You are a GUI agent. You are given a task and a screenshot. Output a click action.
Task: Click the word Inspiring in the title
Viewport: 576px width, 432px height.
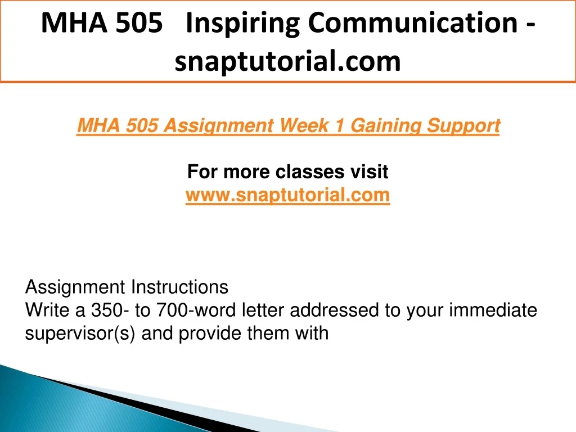pos(243,24)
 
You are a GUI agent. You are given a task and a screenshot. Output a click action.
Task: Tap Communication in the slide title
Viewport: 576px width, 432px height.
pos(413,22)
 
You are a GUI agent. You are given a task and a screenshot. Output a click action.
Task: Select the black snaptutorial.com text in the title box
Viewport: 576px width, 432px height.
pos(287,61)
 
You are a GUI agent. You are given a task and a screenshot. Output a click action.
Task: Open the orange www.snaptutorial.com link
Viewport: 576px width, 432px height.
pos(287,195)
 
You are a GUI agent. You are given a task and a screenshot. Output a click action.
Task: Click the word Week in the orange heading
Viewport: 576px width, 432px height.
pos(303,125)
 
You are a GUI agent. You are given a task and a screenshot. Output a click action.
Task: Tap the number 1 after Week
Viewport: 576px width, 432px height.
pos(339,125)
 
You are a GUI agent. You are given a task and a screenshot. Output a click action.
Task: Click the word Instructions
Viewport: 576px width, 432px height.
pos(179,287)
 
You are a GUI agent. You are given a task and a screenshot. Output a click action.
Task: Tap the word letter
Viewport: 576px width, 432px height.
pos(263,310)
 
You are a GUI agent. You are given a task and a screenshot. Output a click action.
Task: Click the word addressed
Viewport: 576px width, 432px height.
pos(335,310)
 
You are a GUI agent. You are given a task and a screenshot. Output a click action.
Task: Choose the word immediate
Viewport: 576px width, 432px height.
pos(493,310)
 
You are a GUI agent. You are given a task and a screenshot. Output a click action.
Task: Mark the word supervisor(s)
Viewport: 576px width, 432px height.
pos(80,334)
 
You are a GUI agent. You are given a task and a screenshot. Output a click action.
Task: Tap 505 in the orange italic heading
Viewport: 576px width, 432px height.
pos(142,125)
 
